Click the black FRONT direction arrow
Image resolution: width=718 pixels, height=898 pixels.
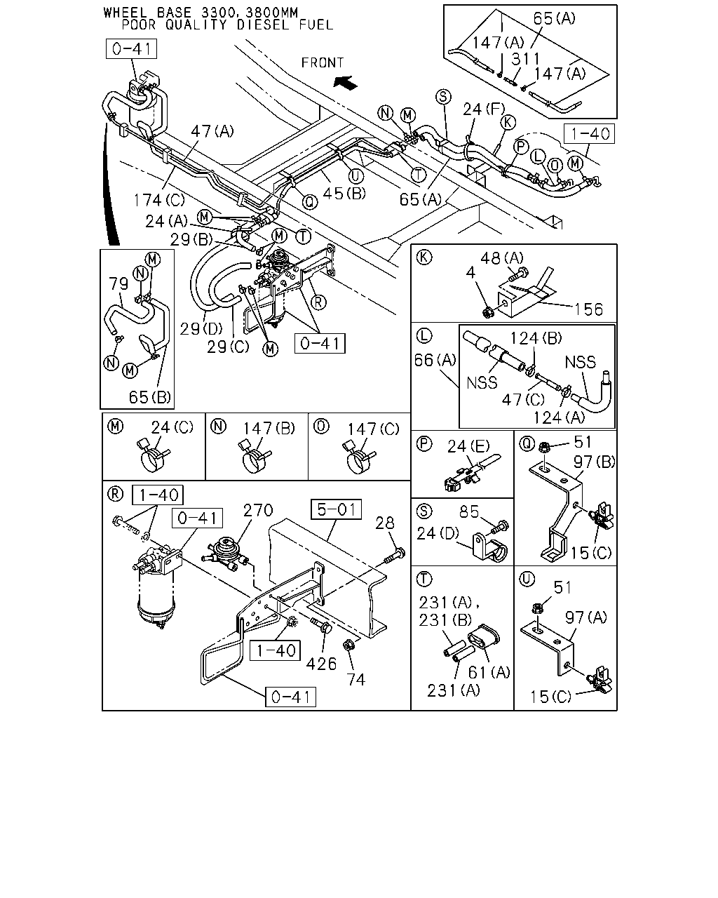click(x=346, y=82)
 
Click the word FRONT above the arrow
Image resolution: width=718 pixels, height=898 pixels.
click(x=323, y=63)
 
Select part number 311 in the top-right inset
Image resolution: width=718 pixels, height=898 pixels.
click(x=526, y=59)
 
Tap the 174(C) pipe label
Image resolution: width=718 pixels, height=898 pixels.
click(x=159, y=201)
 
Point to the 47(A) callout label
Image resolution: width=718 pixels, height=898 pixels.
click(x=212, y=131)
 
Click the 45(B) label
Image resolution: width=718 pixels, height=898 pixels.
click(x=344, y=193)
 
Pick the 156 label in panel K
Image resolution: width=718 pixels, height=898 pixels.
click(x=589, y=309)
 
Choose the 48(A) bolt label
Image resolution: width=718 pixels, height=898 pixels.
click(x=502, y=258)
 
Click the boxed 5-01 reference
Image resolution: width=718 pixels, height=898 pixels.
click(x=337, y=509)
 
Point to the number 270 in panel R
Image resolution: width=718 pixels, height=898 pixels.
click(x=258, y=510)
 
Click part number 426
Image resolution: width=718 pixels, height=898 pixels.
click(x=321, y=664)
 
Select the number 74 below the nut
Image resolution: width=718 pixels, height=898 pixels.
click(x=356, y=680)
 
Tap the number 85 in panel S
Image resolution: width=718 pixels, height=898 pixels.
click(x=469, y=512)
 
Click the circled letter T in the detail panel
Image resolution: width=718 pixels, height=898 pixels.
click(x=424, y=579)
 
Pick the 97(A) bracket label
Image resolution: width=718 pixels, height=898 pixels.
click(x=586, y=617)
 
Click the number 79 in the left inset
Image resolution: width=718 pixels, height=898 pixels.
click(x=118, y=283)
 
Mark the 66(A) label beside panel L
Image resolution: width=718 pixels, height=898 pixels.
click(x=435, y=360)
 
